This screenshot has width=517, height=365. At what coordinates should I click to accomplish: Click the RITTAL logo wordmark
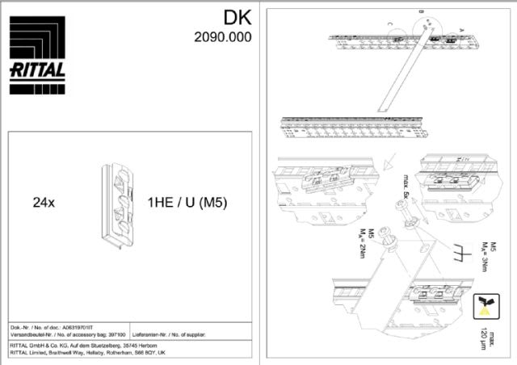tap(37, 70)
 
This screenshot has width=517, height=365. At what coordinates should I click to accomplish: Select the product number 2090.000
tap(222, 36)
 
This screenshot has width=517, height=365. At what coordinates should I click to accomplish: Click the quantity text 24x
tap(44, 203)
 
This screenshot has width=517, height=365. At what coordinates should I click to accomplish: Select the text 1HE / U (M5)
tap(187, 203)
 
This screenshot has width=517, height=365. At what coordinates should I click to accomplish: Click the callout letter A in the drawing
tap(461, 28)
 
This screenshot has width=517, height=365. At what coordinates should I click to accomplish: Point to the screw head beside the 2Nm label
tap(388, 240)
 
